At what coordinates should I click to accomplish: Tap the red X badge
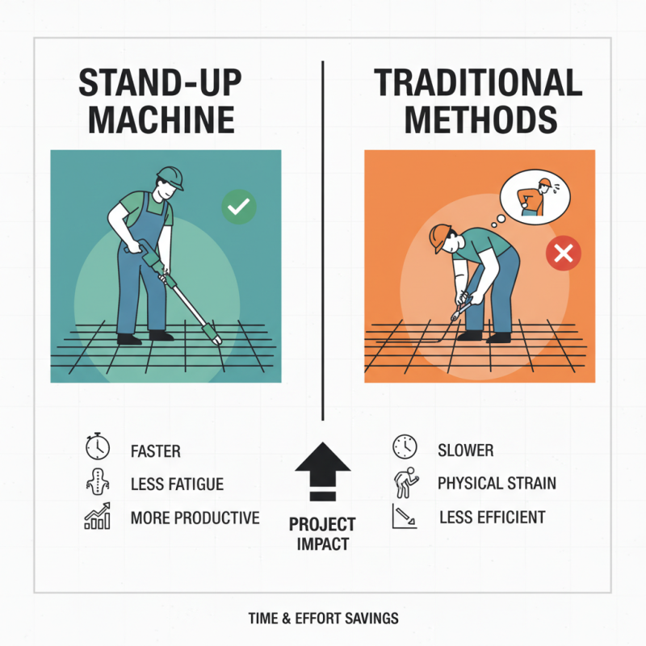click(564, 254)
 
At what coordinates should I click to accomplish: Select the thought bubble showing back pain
click(534, 195)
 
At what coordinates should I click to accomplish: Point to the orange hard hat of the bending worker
click(440, 236)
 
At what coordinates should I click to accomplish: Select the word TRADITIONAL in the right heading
click(479, 84)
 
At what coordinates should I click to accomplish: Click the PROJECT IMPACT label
click(322, 534)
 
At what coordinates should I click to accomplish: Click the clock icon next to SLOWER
click(405, 447)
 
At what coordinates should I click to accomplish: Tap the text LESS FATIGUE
click(177, 484)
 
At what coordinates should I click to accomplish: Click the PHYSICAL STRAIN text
click(497, 484)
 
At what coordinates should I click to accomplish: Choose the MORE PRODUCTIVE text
click(195, 518)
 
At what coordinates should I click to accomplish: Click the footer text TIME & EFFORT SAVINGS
click(323, 619)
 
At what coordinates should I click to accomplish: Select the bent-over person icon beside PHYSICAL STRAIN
click(404, 482)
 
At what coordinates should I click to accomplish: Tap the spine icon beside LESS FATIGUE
click(97, 482)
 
